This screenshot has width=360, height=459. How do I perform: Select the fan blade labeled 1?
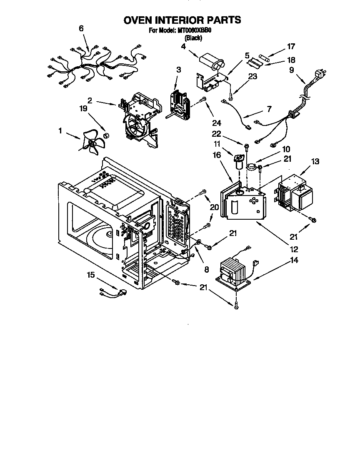tap(92, 143)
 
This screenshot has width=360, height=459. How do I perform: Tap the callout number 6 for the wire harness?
tap(81, 28)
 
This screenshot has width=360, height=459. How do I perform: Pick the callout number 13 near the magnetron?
tap(315, 161)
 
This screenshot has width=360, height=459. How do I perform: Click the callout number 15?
tap(91, 275)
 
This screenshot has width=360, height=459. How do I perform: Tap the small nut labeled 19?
tap(106, 135)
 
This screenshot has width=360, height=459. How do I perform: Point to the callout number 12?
tap(294, 250)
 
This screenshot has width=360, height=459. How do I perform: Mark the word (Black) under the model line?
tap(193, 38)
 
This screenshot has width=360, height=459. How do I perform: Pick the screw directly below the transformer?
tap(236, 306)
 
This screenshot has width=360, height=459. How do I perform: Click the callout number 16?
tap(216, 155)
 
